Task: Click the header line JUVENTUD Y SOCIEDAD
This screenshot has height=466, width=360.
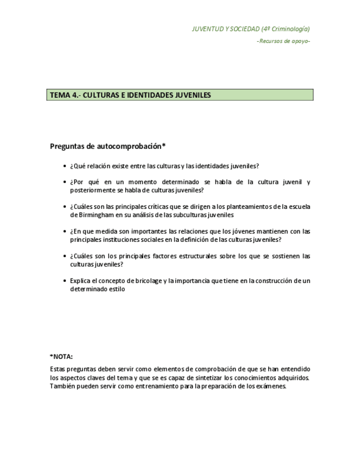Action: (251, 29)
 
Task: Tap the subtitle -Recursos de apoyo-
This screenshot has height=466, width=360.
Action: (283, 41)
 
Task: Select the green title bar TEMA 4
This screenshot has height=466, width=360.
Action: (180, 95)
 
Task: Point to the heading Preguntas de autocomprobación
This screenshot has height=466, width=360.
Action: (108, 146)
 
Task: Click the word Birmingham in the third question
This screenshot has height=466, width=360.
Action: (90, 215)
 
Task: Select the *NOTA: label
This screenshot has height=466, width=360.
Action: (61, 357)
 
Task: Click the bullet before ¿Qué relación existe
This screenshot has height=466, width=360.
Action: (65, 166)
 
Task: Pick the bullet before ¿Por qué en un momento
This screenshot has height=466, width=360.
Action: (65, 182)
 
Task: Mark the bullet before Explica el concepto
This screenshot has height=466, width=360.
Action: (65, 281)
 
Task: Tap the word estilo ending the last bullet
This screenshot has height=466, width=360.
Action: (117, 289)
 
